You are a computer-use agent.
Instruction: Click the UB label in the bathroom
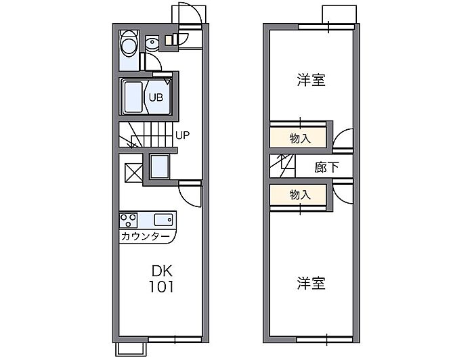156,97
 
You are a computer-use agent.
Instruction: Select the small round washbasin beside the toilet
152,43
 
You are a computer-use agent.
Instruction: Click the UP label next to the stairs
183,135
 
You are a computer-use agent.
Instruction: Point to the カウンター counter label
145,236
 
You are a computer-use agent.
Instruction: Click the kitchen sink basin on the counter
164,219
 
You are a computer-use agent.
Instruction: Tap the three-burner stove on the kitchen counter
129,220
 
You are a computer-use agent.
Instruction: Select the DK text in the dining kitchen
162,271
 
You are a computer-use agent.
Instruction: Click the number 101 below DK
161,287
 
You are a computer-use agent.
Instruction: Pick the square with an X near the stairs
133,173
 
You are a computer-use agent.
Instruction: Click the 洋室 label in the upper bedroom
311,80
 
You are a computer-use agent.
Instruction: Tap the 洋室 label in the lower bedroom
311,284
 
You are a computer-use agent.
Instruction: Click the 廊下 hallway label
327,167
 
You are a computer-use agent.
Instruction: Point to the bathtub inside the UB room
133,97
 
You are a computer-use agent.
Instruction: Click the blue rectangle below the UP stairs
160,166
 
